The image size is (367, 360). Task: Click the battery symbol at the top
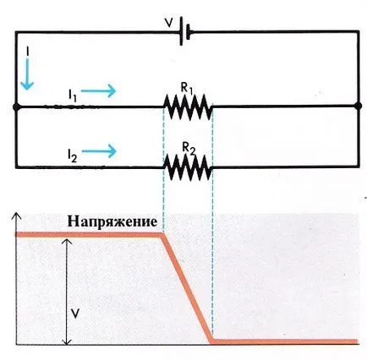(185, 31)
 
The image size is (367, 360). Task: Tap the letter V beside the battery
(169, 23)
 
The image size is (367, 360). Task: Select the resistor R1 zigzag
(188, 107)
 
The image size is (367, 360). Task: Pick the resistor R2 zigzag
(188, 167)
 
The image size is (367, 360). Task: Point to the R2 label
(189, 148)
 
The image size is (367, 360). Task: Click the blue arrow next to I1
(98, 90)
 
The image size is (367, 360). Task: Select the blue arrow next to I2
(99, 151)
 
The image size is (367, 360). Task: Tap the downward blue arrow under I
(27, 74)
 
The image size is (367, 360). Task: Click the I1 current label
(72, 95)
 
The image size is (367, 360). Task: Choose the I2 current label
(72, 155)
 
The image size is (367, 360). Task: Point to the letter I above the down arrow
(27, 51)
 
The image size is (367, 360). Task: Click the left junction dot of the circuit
(16, 107)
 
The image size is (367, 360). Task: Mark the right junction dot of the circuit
(358, 106)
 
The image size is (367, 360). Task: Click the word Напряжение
(112, 222)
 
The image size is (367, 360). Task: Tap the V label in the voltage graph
(74, 313)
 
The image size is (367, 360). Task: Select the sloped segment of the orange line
(188, 288)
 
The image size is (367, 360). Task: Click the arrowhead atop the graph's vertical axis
(17, 216)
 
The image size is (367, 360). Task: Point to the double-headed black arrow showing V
(67, 292)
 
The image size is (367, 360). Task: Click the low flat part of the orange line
(285, 341)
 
